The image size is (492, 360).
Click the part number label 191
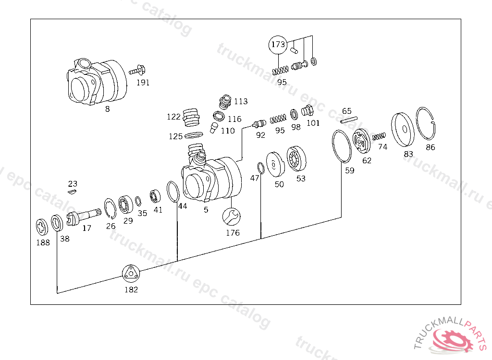(x=143, y=82)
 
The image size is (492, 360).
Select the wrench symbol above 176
(x=231, y=216)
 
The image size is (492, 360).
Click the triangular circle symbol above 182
(x=130, y=274)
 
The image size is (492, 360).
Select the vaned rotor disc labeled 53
(x=296, y=159)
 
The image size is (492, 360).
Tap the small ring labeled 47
(x=260, y=168)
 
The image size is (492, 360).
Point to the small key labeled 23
(x=72, y=192)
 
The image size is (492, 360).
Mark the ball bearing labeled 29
(x=126, y=204)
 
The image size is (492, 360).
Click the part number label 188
(x=43, y=242)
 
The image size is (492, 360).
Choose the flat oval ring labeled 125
(x=194, y=136)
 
